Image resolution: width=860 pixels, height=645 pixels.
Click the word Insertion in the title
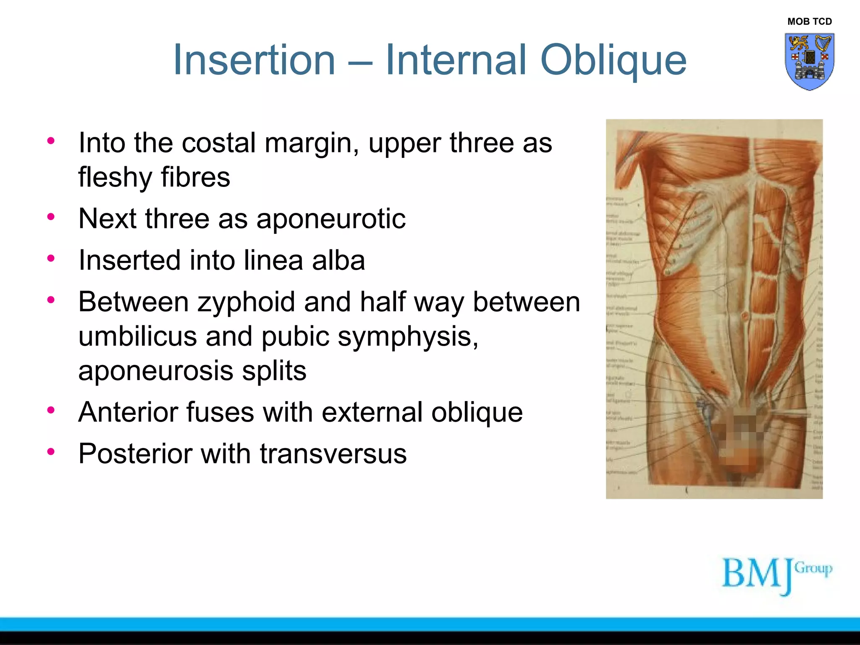tap(254, 60)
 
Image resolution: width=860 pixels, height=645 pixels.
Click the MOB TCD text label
tap(809, 21)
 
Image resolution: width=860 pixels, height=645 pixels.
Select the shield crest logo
tap(809, 61)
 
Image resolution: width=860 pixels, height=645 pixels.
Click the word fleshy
tap(115, 177)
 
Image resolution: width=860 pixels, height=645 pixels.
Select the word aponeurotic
tap(330, 219)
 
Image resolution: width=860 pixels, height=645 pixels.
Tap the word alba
tap(338, 260)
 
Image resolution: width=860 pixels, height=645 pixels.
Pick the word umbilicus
tap(137, 336)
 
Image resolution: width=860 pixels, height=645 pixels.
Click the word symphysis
tap(407, 336)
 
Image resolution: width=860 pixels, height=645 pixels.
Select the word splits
tap(274, 371)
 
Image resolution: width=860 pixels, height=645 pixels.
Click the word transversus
tap(333, 454)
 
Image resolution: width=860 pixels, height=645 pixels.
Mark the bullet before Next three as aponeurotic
tap(51, 217)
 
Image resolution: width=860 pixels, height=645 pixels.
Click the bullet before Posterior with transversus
tap(51, 452)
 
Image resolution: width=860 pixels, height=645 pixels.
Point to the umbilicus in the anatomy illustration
tap(745, 315)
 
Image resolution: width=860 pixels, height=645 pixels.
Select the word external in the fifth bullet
tap(372, 412)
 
